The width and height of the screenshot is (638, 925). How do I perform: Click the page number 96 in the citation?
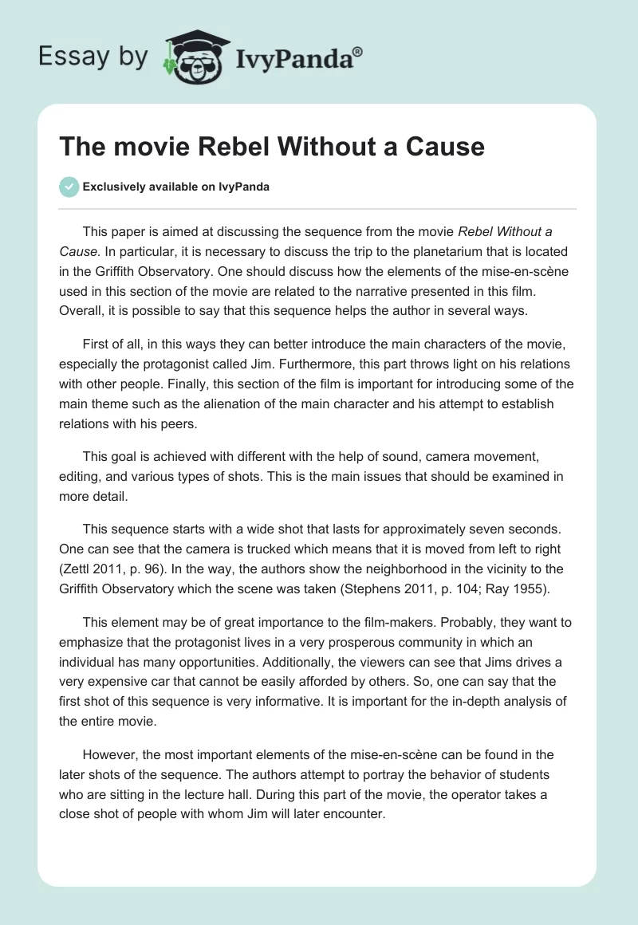(x=158, y=569)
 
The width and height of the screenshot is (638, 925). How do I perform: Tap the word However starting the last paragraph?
(x=108, y=754)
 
